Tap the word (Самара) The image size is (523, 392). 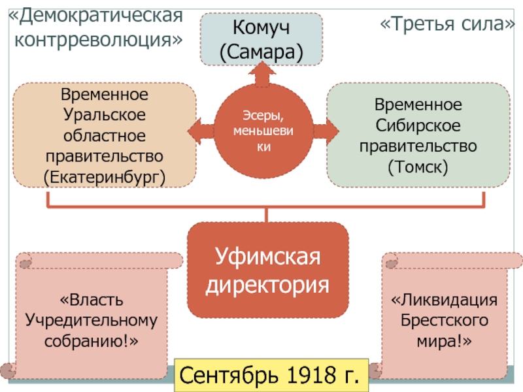click(x=261, y=52)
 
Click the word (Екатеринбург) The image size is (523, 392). click(x=105, y=176)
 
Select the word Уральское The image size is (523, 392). click(x=105, y=116)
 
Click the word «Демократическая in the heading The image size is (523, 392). click(x=95, y=14)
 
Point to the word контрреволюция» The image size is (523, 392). click(x=99, y=39)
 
